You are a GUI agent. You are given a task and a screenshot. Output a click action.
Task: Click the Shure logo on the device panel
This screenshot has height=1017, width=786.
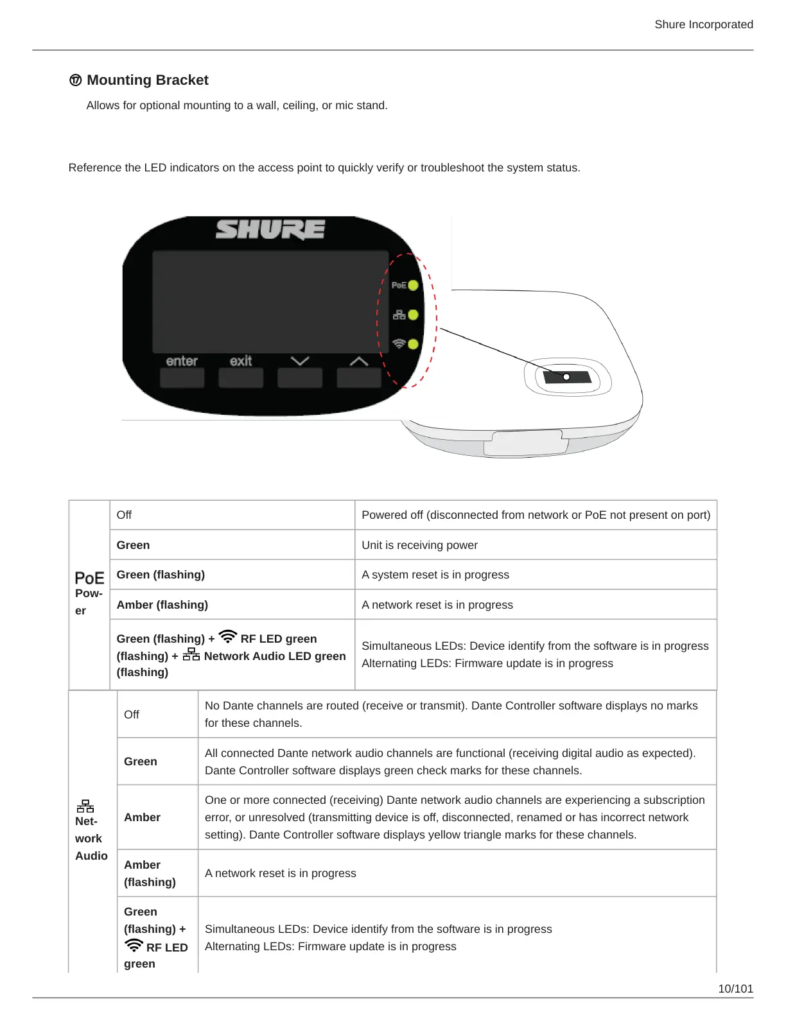tap(270, 229)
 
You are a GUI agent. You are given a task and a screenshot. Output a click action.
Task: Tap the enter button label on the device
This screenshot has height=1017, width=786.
tap(182, 361)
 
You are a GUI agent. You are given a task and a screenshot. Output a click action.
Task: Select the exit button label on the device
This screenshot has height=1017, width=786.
tap(241, 361)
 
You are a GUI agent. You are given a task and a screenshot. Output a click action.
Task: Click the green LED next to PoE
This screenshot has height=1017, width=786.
tap(413, 285)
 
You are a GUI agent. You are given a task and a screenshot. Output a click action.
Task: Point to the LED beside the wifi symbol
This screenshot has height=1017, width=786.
tap(413, 344)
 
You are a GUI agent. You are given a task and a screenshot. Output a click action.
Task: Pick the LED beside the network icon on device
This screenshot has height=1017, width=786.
tap(413, 315)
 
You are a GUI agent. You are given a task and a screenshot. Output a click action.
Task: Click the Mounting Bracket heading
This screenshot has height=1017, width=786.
tap(148, 80)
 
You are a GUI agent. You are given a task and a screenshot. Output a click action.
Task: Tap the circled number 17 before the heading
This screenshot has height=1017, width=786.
tap(76, 80)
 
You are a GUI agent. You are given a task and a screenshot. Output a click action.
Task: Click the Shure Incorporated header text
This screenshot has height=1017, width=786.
tap(704, 24)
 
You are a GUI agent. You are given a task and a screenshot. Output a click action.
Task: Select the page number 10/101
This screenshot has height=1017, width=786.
tap(735, 989)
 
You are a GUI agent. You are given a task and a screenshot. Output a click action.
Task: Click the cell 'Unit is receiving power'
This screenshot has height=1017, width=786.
tap(419, 545)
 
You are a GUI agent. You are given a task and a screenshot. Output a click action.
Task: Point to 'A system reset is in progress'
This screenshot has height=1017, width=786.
tap(435, 575)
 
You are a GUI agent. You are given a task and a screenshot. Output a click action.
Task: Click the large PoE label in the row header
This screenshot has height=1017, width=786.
tap(89, 578)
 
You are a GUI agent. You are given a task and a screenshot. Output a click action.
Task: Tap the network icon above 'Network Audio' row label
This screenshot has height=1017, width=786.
tap(85, 806)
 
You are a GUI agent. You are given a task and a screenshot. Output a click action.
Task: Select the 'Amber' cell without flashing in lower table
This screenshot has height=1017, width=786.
tap(142, 817)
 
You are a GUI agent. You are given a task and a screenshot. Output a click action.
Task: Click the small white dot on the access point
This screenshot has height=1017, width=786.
tap(566, 377)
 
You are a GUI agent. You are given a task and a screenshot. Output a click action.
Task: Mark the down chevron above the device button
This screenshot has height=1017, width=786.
tap(300, 361)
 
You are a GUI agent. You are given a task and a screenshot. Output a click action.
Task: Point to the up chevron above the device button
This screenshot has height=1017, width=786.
tap(359, 361)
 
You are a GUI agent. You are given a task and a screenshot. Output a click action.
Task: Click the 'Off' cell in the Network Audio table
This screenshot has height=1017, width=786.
tap(132, 715)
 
